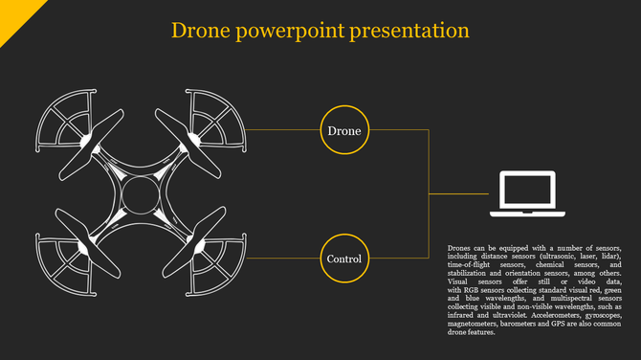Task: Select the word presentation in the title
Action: point(411,32)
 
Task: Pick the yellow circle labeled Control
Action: point(344,259)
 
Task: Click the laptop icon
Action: point(526,192)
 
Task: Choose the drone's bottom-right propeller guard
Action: point(215,263)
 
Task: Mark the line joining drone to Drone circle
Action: point(283,129)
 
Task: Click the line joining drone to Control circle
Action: point(283,259)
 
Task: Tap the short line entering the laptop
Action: point(459,193)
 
